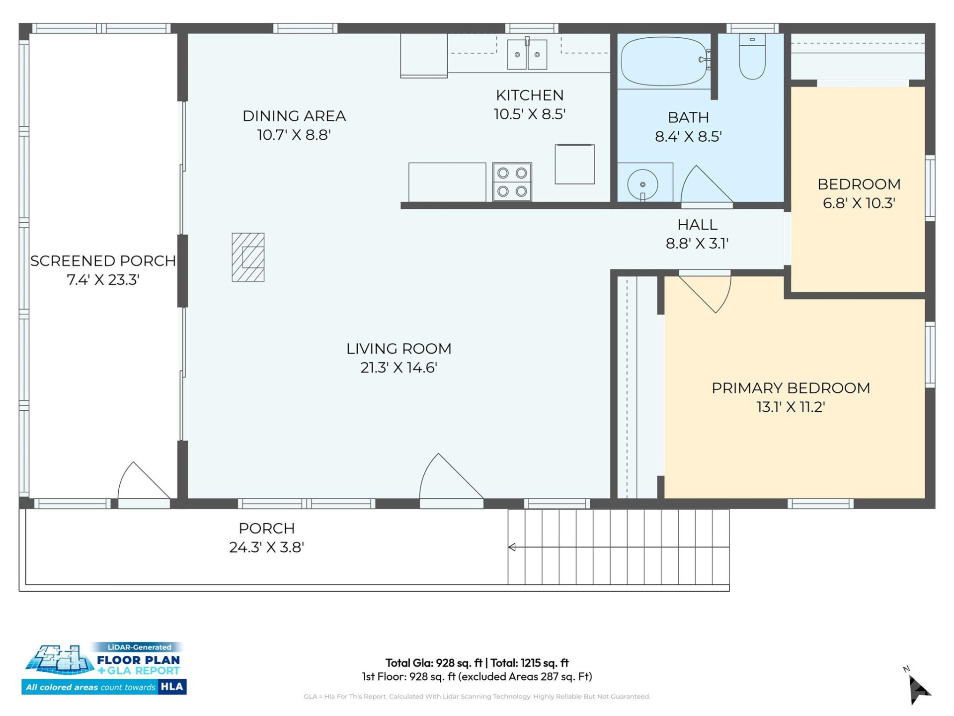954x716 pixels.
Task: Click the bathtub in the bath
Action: click(663, 61)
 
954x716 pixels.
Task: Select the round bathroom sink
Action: click(642, 184)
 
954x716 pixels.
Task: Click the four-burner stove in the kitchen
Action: click(512, 181)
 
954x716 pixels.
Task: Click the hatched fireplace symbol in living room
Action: click(248, 257)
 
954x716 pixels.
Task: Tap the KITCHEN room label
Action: click(530, 95)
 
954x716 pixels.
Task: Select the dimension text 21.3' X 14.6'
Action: click(398, 367)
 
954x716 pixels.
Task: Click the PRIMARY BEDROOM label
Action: click(791, 388)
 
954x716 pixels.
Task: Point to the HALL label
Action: click(697, 225)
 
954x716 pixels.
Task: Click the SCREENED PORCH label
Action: click(103, 261)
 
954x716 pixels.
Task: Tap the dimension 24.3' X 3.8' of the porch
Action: click(266, 547)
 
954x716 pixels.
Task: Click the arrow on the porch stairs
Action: click(512, 547)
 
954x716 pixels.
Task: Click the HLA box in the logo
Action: click(172, 687)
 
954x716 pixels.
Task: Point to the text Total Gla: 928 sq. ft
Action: click(434, 663)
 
